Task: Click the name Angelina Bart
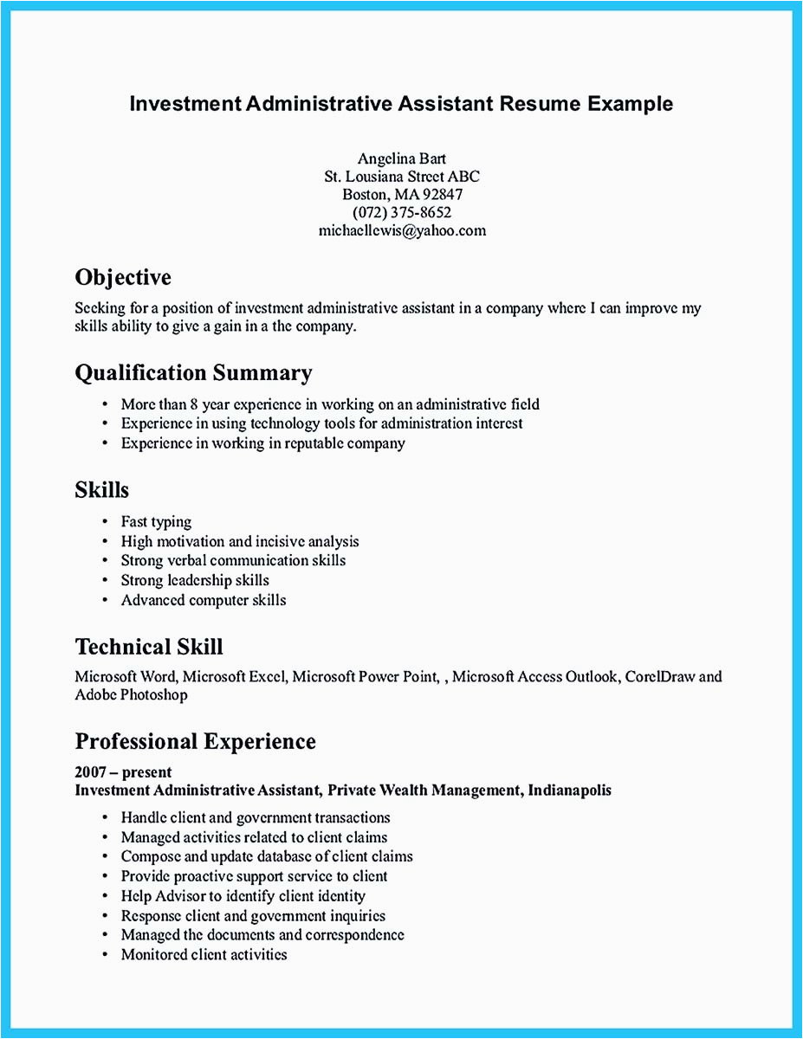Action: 401,158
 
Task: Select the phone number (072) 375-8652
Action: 401,212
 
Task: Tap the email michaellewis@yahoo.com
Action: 401,230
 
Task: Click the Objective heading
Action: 123,277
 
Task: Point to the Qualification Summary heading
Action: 193,373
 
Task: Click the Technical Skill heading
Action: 149,647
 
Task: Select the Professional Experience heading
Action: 195,741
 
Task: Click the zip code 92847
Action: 439,194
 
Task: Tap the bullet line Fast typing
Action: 156,521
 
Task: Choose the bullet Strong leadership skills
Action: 195,580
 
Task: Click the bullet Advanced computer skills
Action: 204,600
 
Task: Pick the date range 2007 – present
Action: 123,771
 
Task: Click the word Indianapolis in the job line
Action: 569,790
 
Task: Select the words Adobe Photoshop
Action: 131,694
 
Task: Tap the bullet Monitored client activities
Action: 204,954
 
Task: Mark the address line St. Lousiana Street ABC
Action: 401,176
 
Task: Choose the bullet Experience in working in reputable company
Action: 262,442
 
